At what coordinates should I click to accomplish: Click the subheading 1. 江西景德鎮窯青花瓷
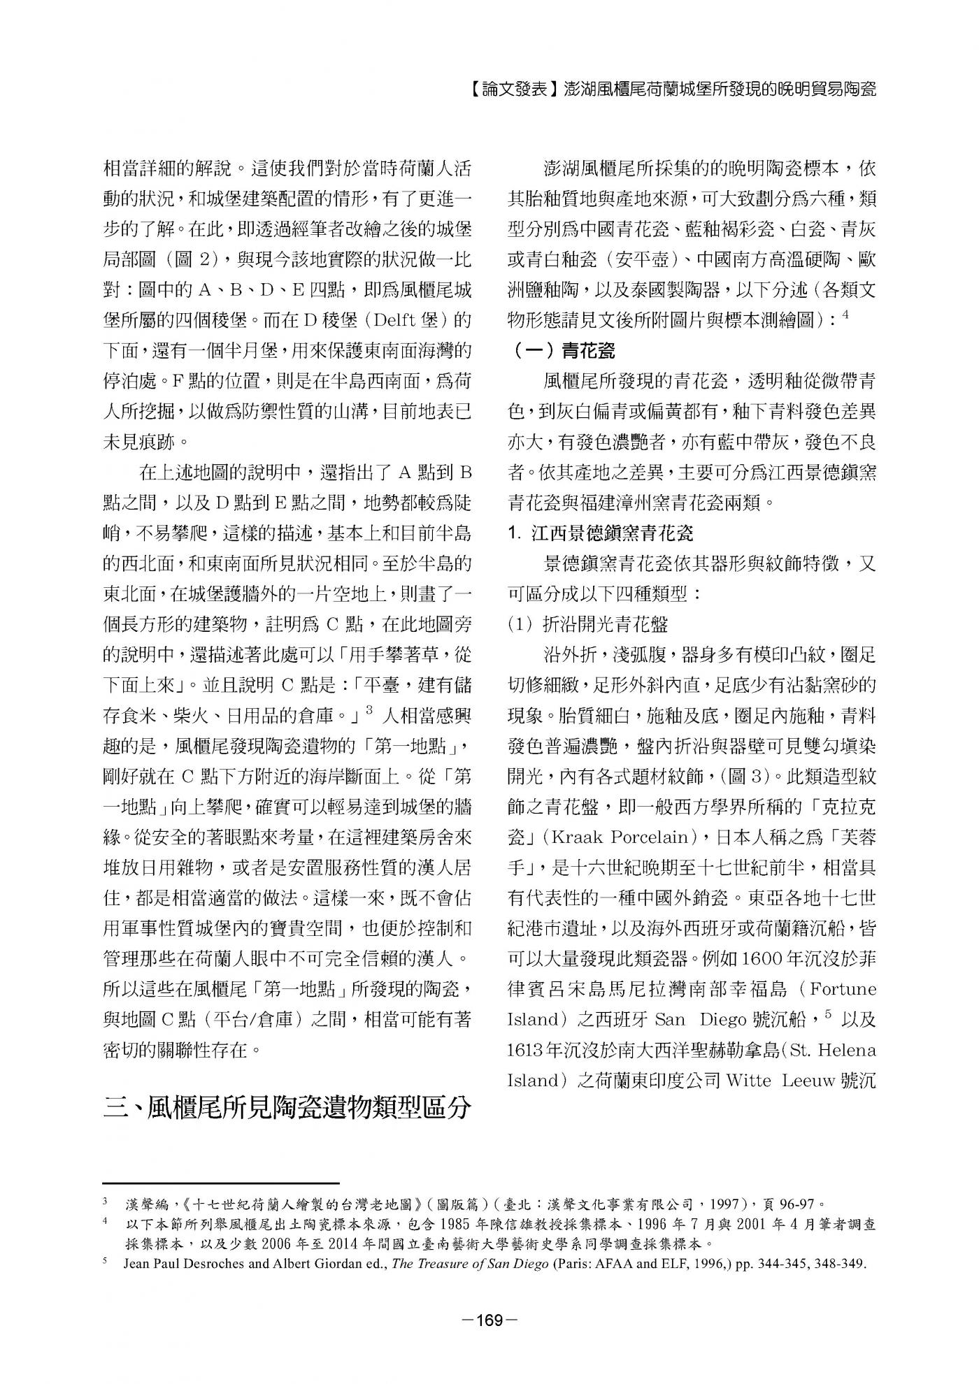(601, 533)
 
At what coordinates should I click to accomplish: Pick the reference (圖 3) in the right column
(740, 777)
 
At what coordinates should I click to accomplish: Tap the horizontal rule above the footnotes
(221, 1183)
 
